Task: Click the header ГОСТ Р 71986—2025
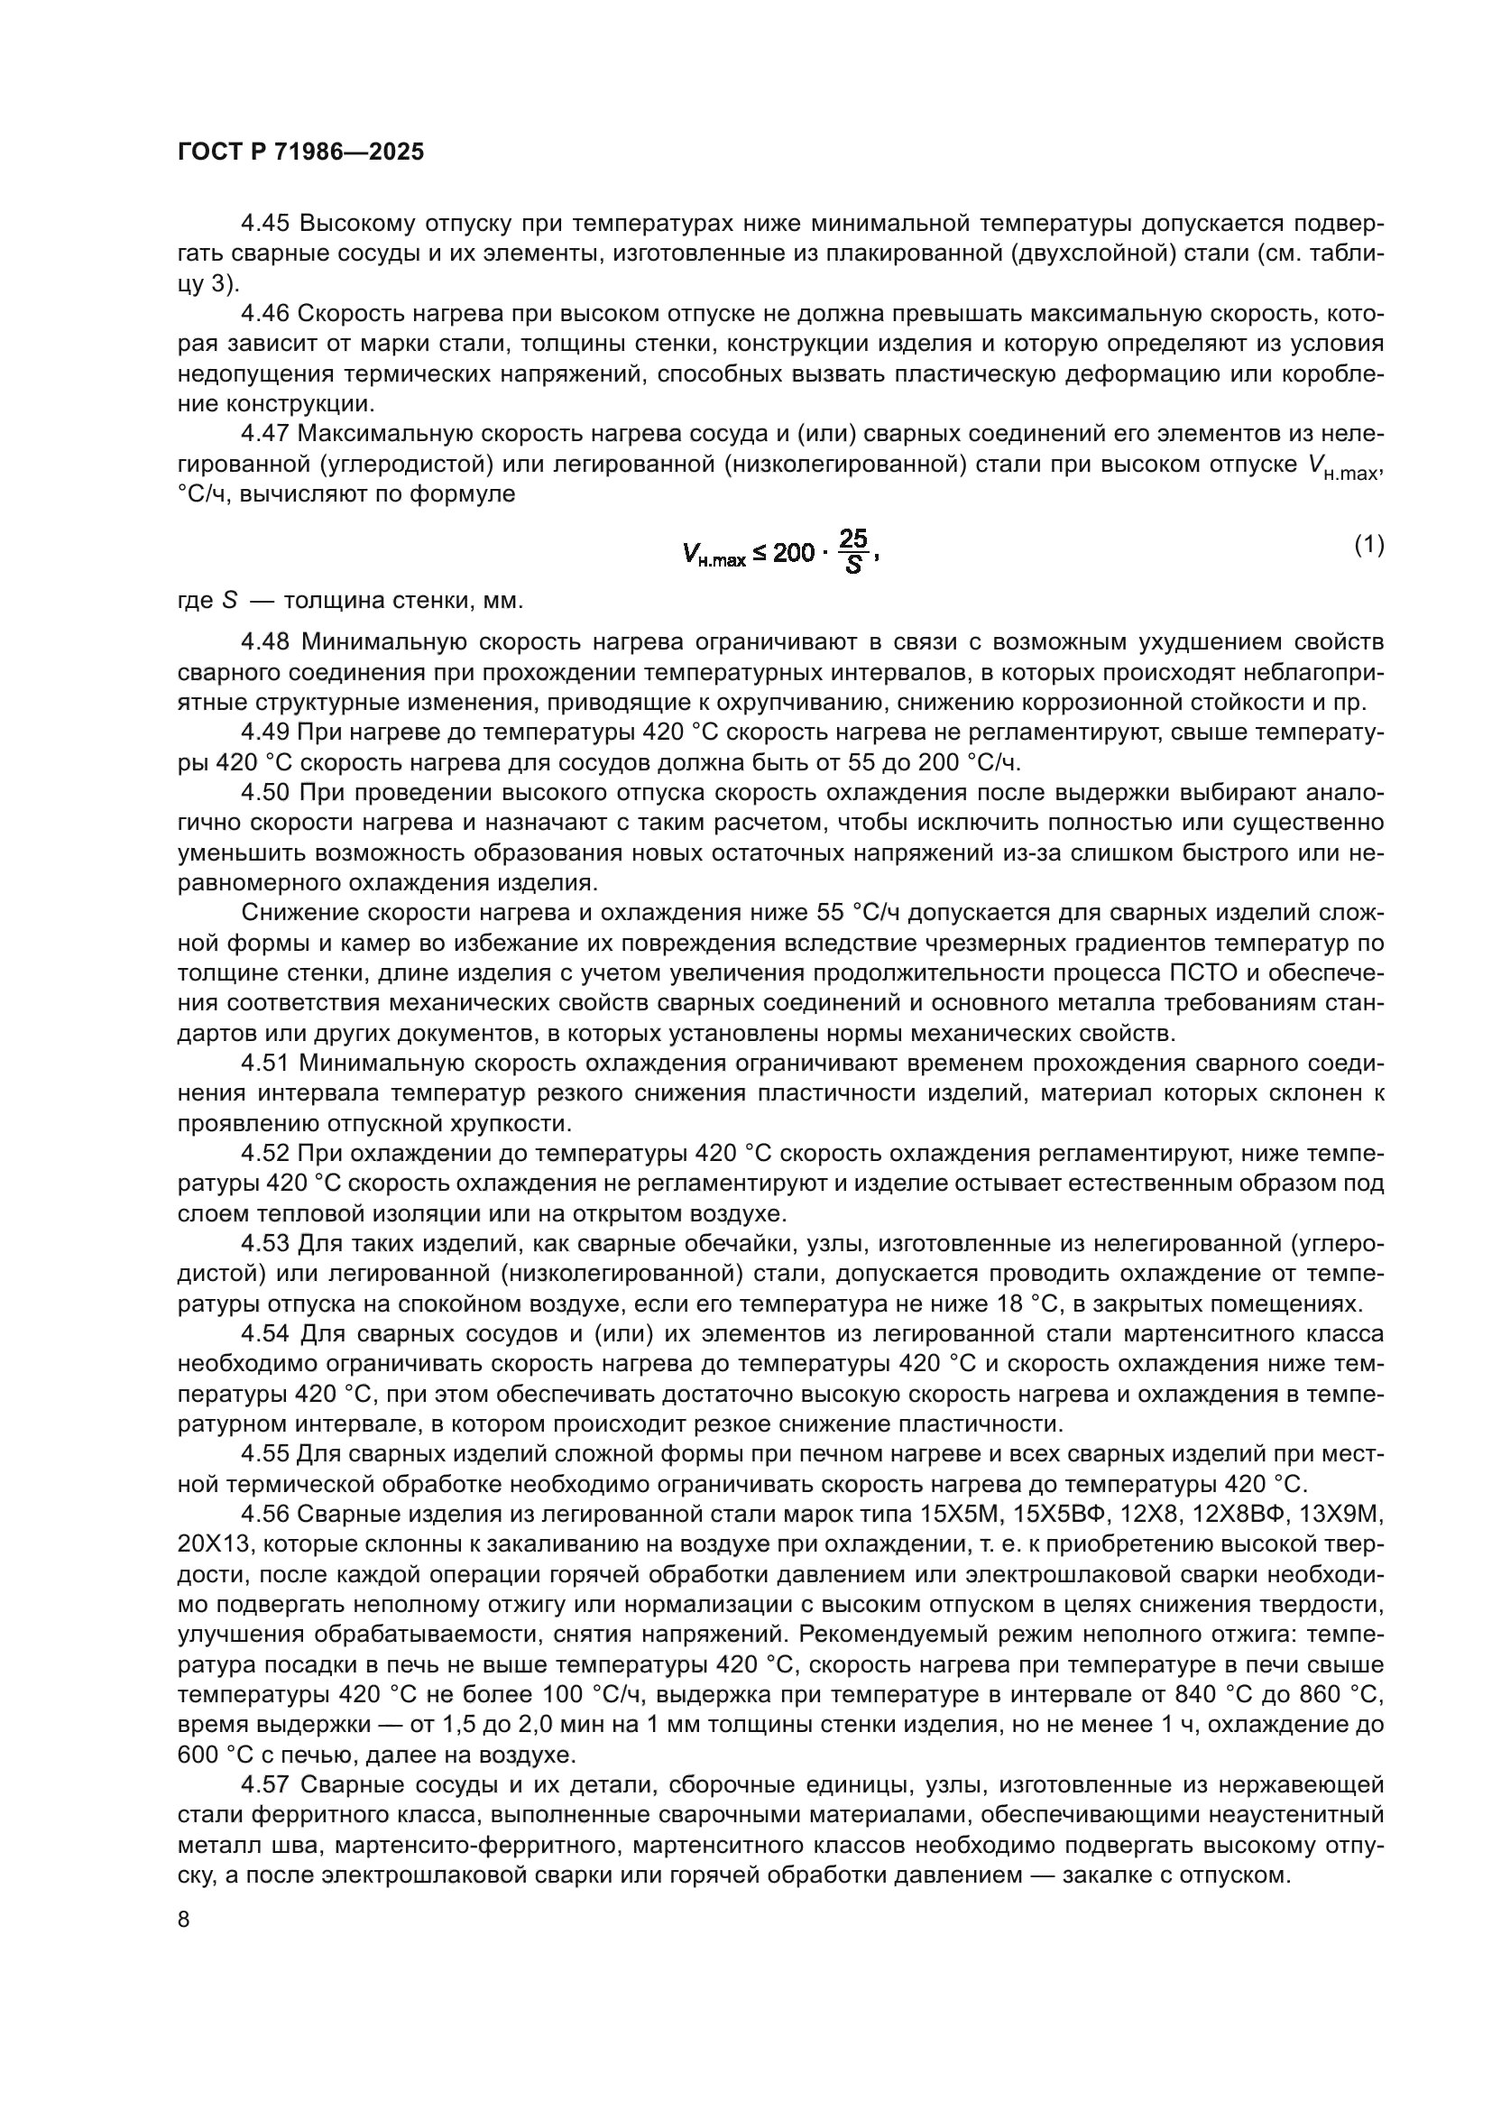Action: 301,152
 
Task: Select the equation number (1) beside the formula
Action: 1369,545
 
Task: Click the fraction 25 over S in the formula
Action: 853,551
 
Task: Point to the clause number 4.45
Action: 265,224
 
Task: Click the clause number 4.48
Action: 265,640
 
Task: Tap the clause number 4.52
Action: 265,1152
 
